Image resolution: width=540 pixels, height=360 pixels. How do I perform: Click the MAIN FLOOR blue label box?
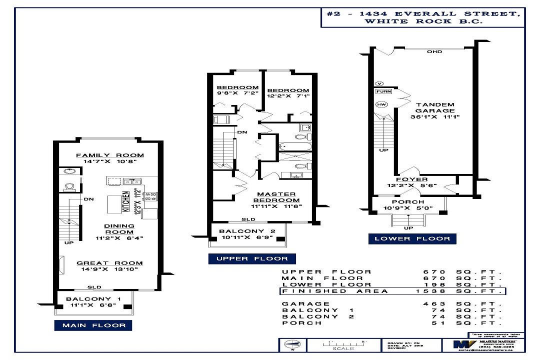[x=94, y=325]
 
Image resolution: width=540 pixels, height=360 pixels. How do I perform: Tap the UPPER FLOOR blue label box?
[x=252, y=258]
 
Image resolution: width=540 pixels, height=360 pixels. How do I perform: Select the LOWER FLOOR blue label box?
[x=413, y=238]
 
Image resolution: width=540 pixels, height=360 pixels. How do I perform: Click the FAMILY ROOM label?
[x=109, y=155]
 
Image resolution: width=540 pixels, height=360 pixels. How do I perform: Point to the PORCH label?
[x=411, y=202]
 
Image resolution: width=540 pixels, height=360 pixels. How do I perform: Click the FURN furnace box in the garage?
[x=383, y=91]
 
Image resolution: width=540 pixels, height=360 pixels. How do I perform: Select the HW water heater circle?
[x=381, y=104]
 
